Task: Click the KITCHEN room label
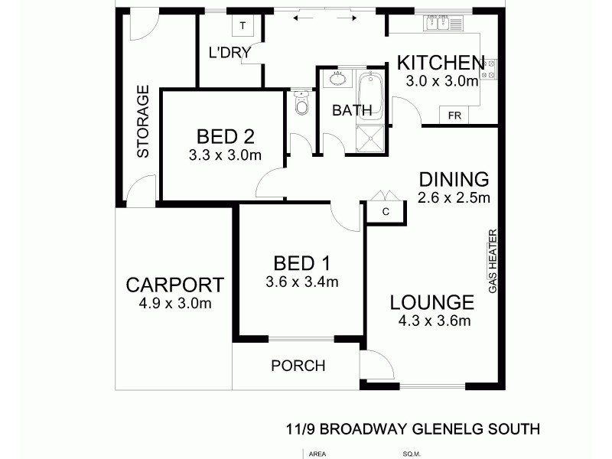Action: click(439, 63)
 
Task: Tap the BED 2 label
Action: click(225, 137)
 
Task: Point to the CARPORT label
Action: click(175, 285)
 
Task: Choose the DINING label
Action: click(454, 180)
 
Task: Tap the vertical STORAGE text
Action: click(143, 122)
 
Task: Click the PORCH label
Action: click(298, 366)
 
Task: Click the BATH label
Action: click(352, 110)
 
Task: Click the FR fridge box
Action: click(454, 116)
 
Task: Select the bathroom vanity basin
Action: click(337, 78)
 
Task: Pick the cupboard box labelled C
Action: click(386, 211)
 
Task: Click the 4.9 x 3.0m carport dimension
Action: click(175, 304)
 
